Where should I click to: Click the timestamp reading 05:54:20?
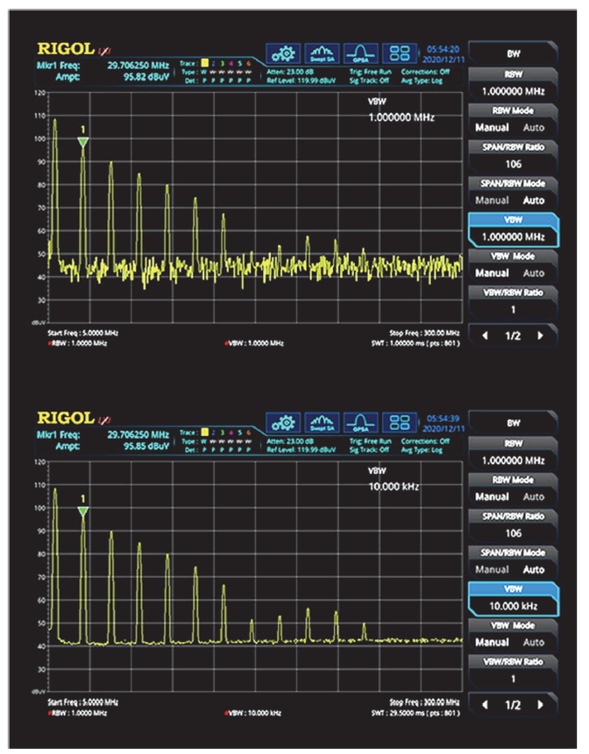(x=442, y=49)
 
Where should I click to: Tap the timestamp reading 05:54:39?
(x=442, y=419)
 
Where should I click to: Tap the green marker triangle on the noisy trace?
(x=82, y=141)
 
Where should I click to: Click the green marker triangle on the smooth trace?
(x=82, y=511)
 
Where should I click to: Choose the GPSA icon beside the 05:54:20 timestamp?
(x=360, y=53)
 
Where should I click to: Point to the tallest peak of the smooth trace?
(x=54, y=490)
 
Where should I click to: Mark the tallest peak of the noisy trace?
(x=54, y=120)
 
